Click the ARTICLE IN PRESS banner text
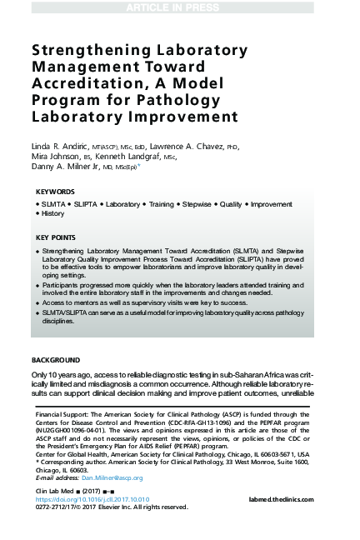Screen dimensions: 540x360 (x=179, y=7)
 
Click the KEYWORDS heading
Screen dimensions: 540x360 (x=56, y=192)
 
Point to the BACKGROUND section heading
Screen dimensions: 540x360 (x=56, y=359)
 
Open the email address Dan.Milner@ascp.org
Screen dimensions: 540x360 (x=112, y=478)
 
